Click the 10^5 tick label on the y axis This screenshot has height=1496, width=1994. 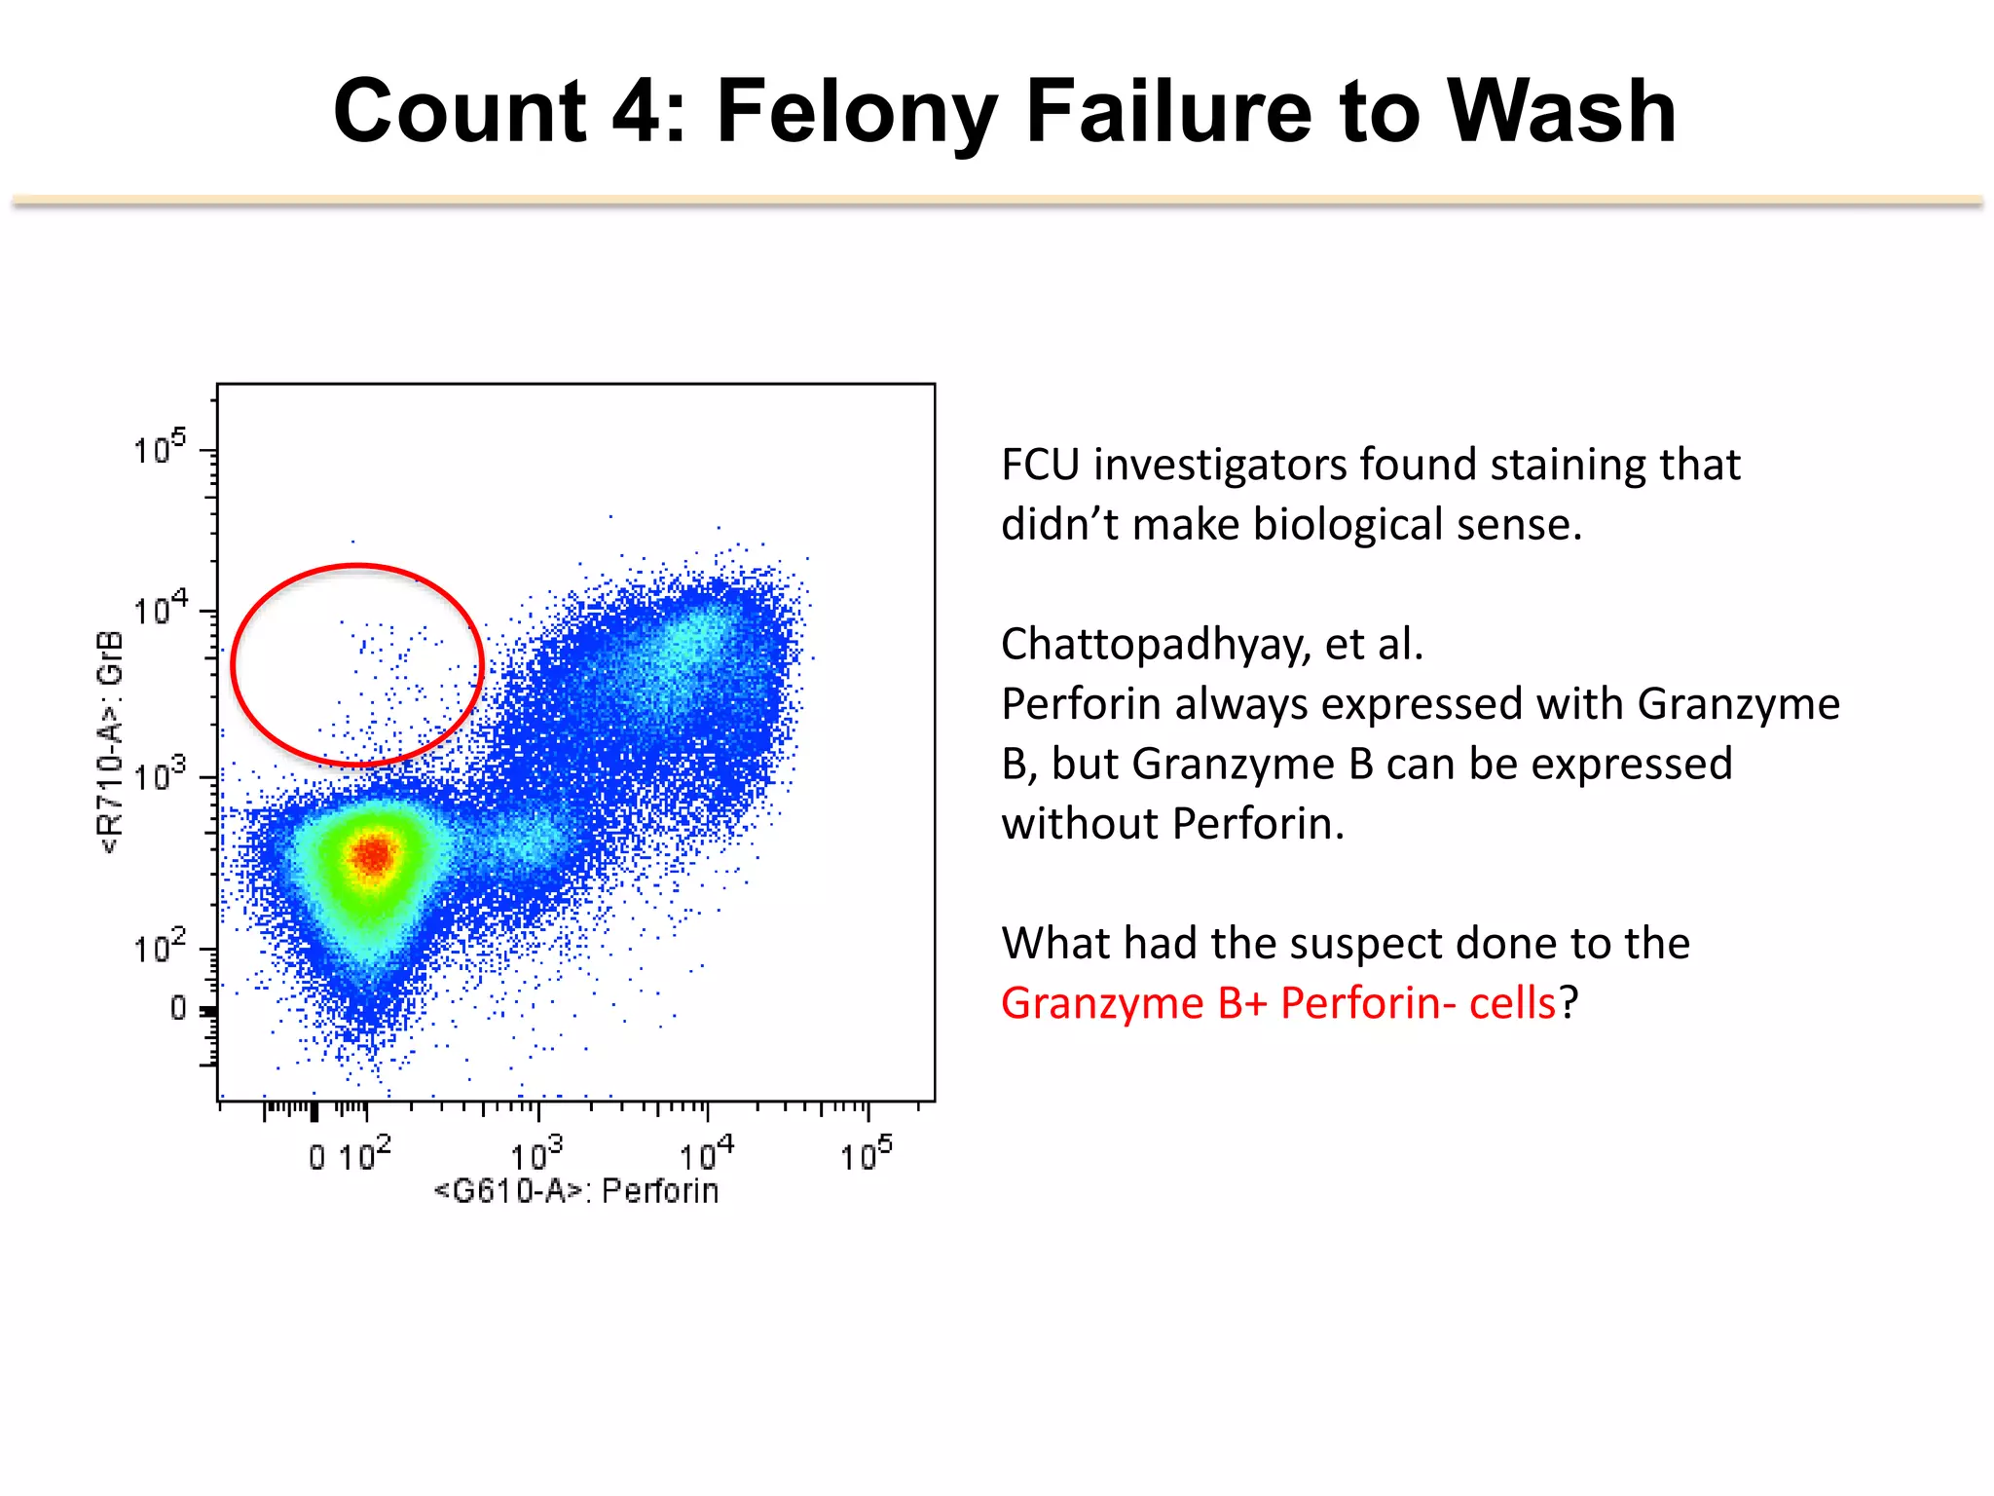tap(160, 448)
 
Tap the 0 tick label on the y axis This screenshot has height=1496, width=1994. tap(179, 1007)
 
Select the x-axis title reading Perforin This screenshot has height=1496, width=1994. tap(659, 1191)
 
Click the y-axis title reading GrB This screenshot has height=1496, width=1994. tap(111, 658)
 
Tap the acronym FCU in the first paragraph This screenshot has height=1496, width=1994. tap(1040, 465)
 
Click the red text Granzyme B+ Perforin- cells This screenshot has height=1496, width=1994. tap(1278, 1003)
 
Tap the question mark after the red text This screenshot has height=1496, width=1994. tap(1569, 1003)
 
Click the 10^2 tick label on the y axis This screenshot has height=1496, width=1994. tap(160, 947)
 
